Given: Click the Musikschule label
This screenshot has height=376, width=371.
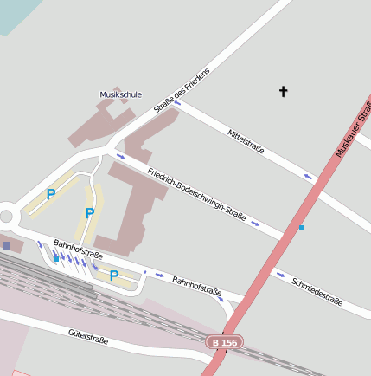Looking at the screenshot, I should [x=120, y=94].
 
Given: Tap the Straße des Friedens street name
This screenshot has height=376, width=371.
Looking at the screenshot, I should [x=182, y=90].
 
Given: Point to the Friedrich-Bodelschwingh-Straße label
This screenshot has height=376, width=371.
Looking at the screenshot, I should [x=196, y=190].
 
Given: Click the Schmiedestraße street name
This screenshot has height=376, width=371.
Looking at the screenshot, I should [x=317, y=292].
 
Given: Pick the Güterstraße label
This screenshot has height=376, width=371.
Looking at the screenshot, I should [x=88, y=336].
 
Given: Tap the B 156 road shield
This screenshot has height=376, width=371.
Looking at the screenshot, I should [x=225, y=343].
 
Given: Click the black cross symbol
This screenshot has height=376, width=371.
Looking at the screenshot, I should [x=283, y=91].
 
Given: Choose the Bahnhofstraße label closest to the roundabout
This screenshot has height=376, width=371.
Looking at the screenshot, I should [x=78, y=250].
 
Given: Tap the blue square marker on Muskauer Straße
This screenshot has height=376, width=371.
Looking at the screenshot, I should [x=301, y=227].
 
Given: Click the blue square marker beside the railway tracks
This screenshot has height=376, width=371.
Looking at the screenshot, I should [x=56, y=258].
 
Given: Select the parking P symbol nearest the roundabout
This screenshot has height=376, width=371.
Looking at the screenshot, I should [x=50, y=195].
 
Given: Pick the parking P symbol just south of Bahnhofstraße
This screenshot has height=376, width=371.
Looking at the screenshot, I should [x=113, y=276].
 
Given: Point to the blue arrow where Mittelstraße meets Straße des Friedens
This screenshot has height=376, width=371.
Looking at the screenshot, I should [x=176, y=102].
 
